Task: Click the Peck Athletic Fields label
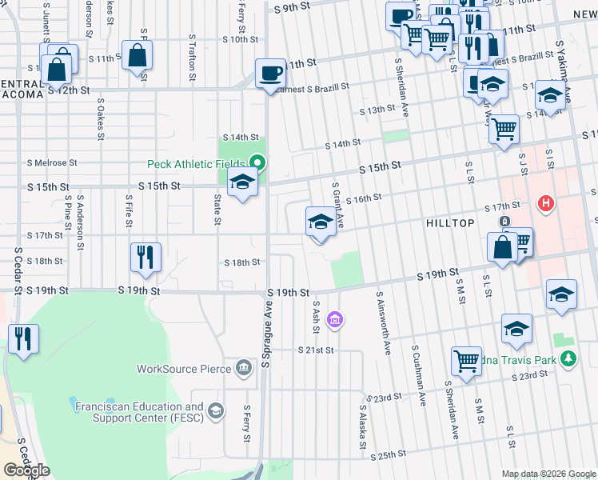196,165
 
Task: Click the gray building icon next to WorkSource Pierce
245,368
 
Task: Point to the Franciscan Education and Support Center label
139,412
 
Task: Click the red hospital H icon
547,204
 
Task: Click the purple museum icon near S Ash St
335,321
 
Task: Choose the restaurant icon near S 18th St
146,258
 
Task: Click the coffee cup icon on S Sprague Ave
270,74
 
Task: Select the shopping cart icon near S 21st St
466,360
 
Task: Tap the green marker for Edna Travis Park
568,358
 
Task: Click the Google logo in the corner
26,470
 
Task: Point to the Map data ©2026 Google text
548,474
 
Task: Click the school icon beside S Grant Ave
321,222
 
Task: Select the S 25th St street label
389,454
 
